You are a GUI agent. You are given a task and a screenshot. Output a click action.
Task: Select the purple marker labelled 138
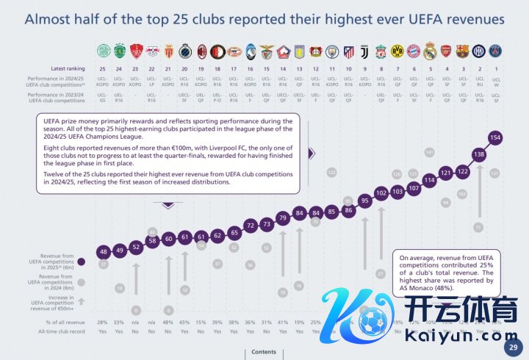479,155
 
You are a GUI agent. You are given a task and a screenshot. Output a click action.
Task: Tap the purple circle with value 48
103,252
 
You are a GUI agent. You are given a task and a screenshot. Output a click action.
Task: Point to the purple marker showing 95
364,200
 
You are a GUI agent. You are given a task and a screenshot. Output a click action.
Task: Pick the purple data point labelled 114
430,180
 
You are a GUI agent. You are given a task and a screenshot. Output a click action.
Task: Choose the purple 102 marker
381,192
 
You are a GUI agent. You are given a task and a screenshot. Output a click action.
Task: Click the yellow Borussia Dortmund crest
397,51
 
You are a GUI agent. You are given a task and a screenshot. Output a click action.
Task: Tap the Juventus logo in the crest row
364,51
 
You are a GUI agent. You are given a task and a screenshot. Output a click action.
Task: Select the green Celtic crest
103,51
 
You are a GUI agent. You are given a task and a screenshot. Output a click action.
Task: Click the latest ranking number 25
103,68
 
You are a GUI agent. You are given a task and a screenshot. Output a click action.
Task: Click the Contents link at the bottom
264,352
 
